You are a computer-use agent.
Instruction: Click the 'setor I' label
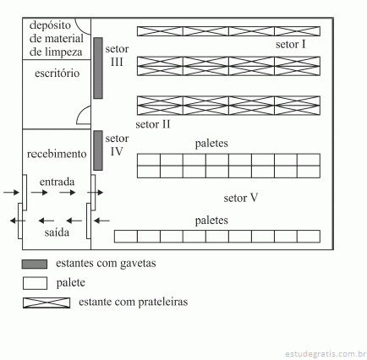click(x=291, y=45)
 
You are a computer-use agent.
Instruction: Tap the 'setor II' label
click(x=153, y=124)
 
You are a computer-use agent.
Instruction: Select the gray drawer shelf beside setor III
click(x=98, y=68)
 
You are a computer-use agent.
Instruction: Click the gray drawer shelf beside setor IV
click(x=98, y=150)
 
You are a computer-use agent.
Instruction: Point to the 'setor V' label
click(x=241, y=198)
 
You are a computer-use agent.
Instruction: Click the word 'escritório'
click(x=58, y=74)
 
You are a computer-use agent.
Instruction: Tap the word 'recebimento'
click(x=57, y=154)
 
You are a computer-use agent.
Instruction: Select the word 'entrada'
click(x=58, y=182)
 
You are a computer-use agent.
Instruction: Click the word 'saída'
click(x=57, y=232)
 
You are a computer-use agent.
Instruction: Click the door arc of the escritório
click(x=80, y=111)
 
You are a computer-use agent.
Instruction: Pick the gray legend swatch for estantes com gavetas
click(x=35, y=265)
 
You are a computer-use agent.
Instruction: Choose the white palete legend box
click(x=35, y=283)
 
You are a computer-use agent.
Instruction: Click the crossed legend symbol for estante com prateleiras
click(x=47, y=303)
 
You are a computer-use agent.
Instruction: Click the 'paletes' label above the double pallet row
click(x=211, y=144)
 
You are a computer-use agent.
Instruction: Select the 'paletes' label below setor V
click(x=211, y=221)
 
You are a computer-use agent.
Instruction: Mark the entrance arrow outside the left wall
click(x=11, y=193)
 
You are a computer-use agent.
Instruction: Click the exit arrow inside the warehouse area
click(x=101, y=221)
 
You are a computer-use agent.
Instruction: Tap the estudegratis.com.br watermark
click(x=326, y=353)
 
